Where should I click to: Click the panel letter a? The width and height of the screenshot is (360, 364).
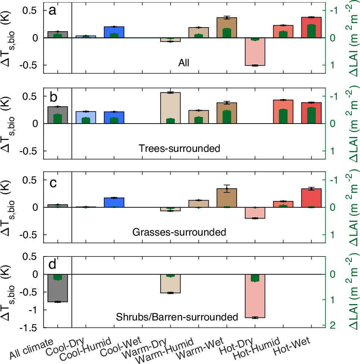coord(53,11)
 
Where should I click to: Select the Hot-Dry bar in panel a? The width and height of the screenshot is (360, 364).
coord(255,52)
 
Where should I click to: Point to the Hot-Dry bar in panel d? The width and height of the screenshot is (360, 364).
coord(255,296)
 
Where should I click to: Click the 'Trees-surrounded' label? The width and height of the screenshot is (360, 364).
coord(179,149)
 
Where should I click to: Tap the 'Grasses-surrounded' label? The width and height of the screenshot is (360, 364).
coord(179,233)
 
